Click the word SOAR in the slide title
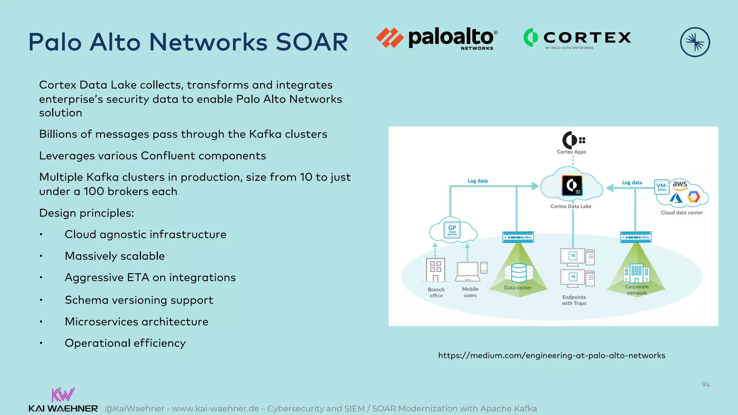(312, 42)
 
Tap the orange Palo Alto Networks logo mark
(390, 37)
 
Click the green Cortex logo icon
(530, 37)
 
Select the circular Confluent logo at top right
(695, 42)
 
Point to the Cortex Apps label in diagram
(572, 152)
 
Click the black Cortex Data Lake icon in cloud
(572, 185)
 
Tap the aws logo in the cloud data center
(680, 184)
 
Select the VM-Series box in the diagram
(662, 187)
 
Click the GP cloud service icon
(452, 230)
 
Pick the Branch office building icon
(435, 270)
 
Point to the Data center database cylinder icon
(519, 273)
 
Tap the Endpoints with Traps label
(574, 300)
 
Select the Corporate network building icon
(636, 274)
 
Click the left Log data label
(477, 181)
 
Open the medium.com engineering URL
(551, 356)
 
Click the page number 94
(706, 385)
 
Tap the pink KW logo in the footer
(63, 395)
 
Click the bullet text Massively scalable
(115, 256)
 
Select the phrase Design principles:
(86, 213)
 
